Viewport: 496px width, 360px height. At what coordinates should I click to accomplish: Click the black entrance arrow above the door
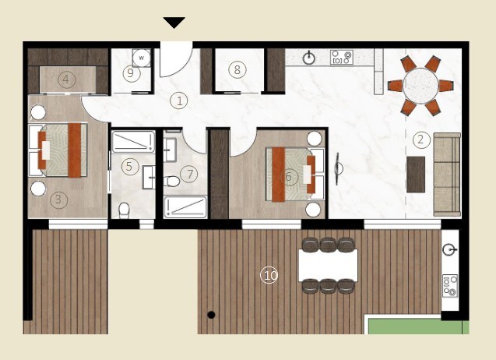[174, 23]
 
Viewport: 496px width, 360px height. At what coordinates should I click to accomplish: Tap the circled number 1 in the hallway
[180, 101]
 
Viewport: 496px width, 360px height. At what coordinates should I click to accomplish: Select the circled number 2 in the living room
[420, 140]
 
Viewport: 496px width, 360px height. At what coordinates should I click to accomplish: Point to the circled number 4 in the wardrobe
[130, 166]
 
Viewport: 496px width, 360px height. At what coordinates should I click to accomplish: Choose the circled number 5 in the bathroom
[289, 177]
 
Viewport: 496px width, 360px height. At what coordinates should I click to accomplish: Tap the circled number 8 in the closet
[132, 74]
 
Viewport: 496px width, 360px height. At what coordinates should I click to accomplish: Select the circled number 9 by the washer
[269, 275]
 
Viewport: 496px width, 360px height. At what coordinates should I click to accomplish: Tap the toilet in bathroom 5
[124, 210]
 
